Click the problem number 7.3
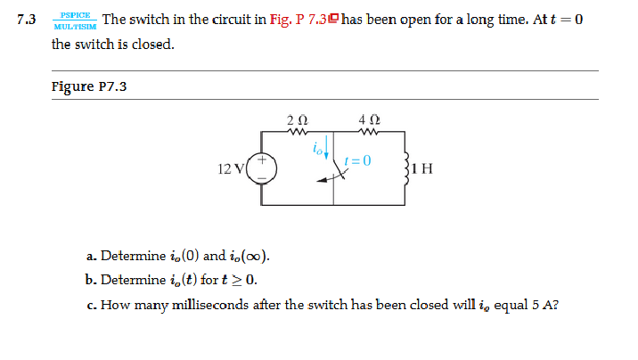(27, 20)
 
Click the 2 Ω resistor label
(298, 120)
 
